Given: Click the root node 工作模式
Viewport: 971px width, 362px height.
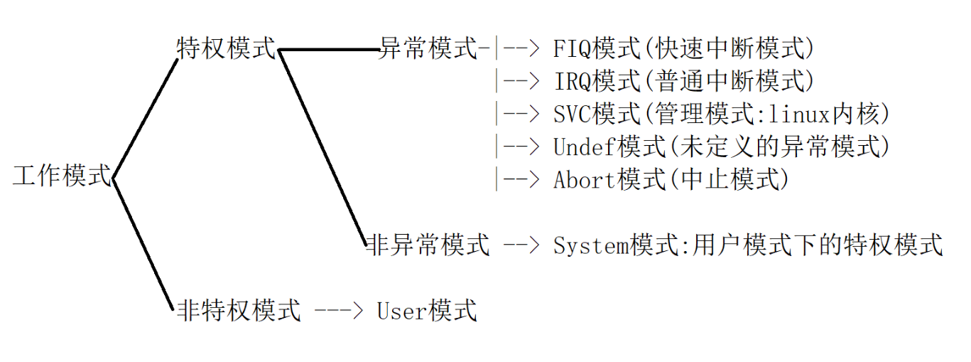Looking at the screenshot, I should tap(63, 176).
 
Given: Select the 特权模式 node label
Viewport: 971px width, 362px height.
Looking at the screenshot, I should tap(226, 48).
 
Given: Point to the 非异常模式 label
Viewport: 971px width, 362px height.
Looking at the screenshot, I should tap(428, 245).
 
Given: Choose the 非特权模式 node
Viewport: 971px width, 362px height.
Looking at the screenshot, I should tap(239, 311).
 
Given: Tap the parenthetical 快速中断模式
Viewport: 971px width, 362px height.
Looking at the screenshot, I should tap(732, 48).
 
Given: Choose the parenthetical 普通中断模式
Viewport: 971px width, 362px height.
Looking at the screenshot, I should tap(732, 81).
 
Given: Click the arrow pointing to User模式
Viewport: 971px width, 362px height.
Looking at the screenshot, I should tap(339, 311).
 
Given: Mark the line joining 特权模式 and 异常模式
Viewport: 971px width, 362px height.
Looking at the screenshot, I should tap(329, 50).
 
